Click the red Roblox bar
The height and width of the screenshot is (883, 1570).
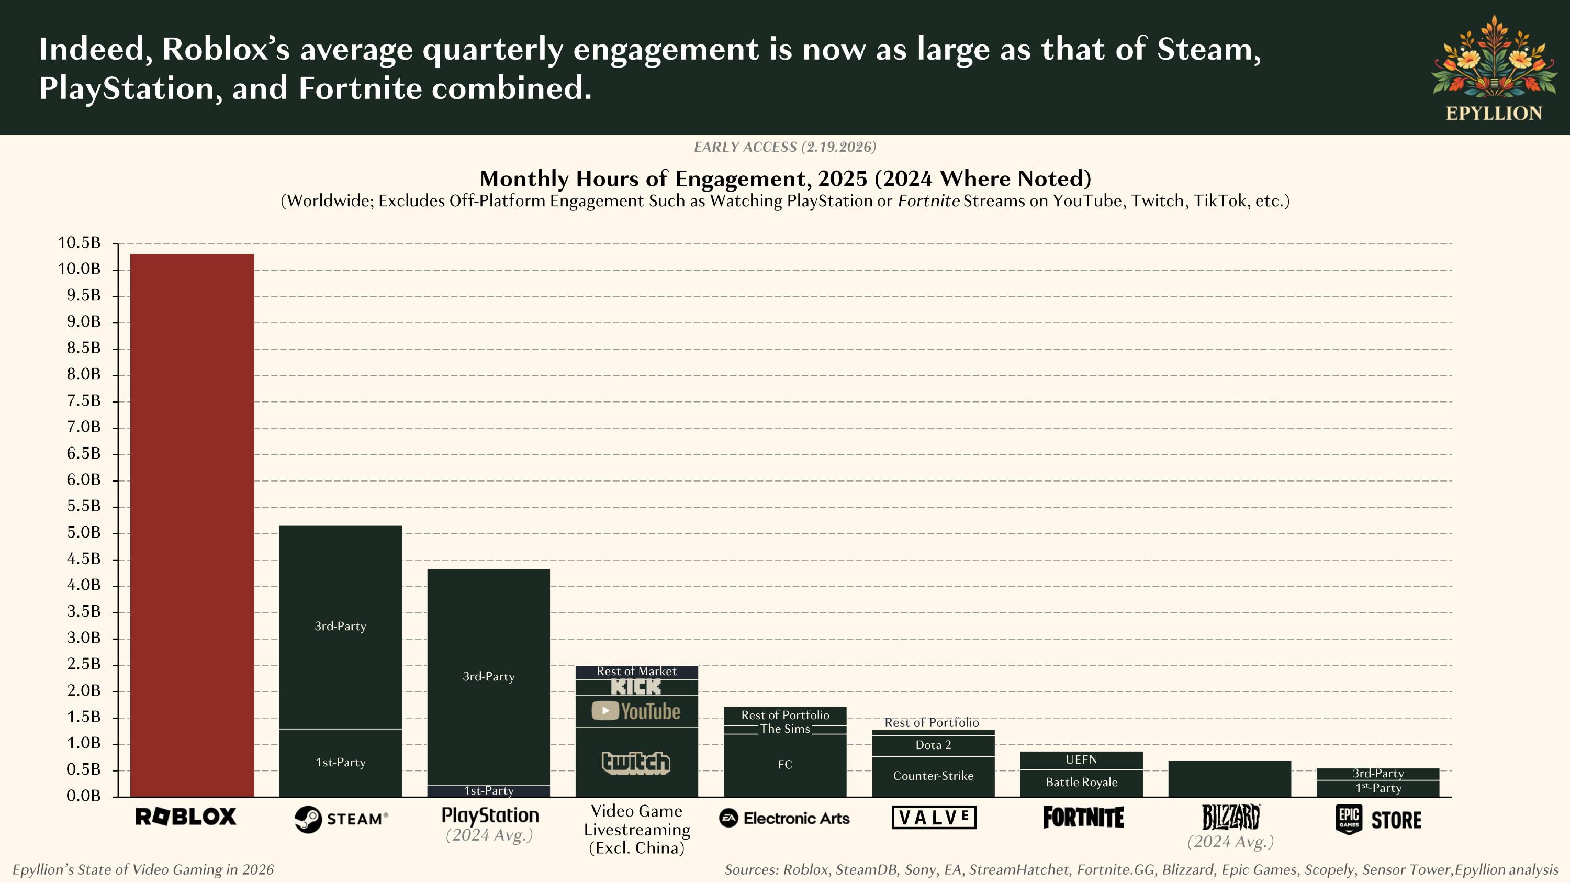coord(192,524)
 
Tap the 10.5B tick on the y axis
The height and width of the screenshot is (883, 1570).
coord(79,242)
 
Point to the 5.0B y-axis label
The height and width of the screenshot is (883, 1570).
coord(84,533)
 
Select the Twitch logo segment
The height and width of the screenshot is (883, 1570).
coord(636,762)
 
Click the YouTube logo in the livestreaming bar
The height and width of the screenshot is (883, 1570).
coord(636,711)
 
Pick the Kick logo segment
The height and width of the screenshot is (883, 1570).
coord(636,687)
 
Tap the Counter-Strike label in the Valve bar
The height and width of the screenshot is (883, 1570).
coord(933,776)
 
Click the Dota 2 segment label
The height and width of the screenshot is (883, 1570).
coord(933,745)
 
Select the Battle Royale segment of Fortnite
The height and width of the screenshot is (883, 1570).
coord(1081,783)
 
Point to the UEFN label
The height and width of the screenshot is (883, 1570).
coord(1081,760)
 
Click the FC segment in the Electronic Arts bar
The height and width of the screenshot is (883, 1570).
coord(785,765)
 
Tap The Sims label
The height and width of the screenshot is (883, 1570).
coord(785,729)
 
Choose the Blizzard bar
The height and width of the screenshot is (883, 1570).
coord(1229,779)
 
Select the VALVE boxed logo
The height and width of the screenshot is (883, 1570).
coord(934,817)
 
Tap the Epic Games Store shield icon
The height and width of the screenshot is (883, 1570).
coord(1349,819)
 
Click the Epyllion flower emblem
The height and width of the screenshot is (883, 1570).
coord(1494,58)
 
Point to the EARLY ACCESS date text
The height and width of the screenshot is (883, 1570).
coord(785,147)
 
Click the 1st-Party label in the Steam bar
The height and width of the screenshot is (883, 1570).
coord(341,762)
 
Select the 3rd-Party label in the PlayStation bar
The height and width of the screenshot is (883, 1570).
coord(488,676)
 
